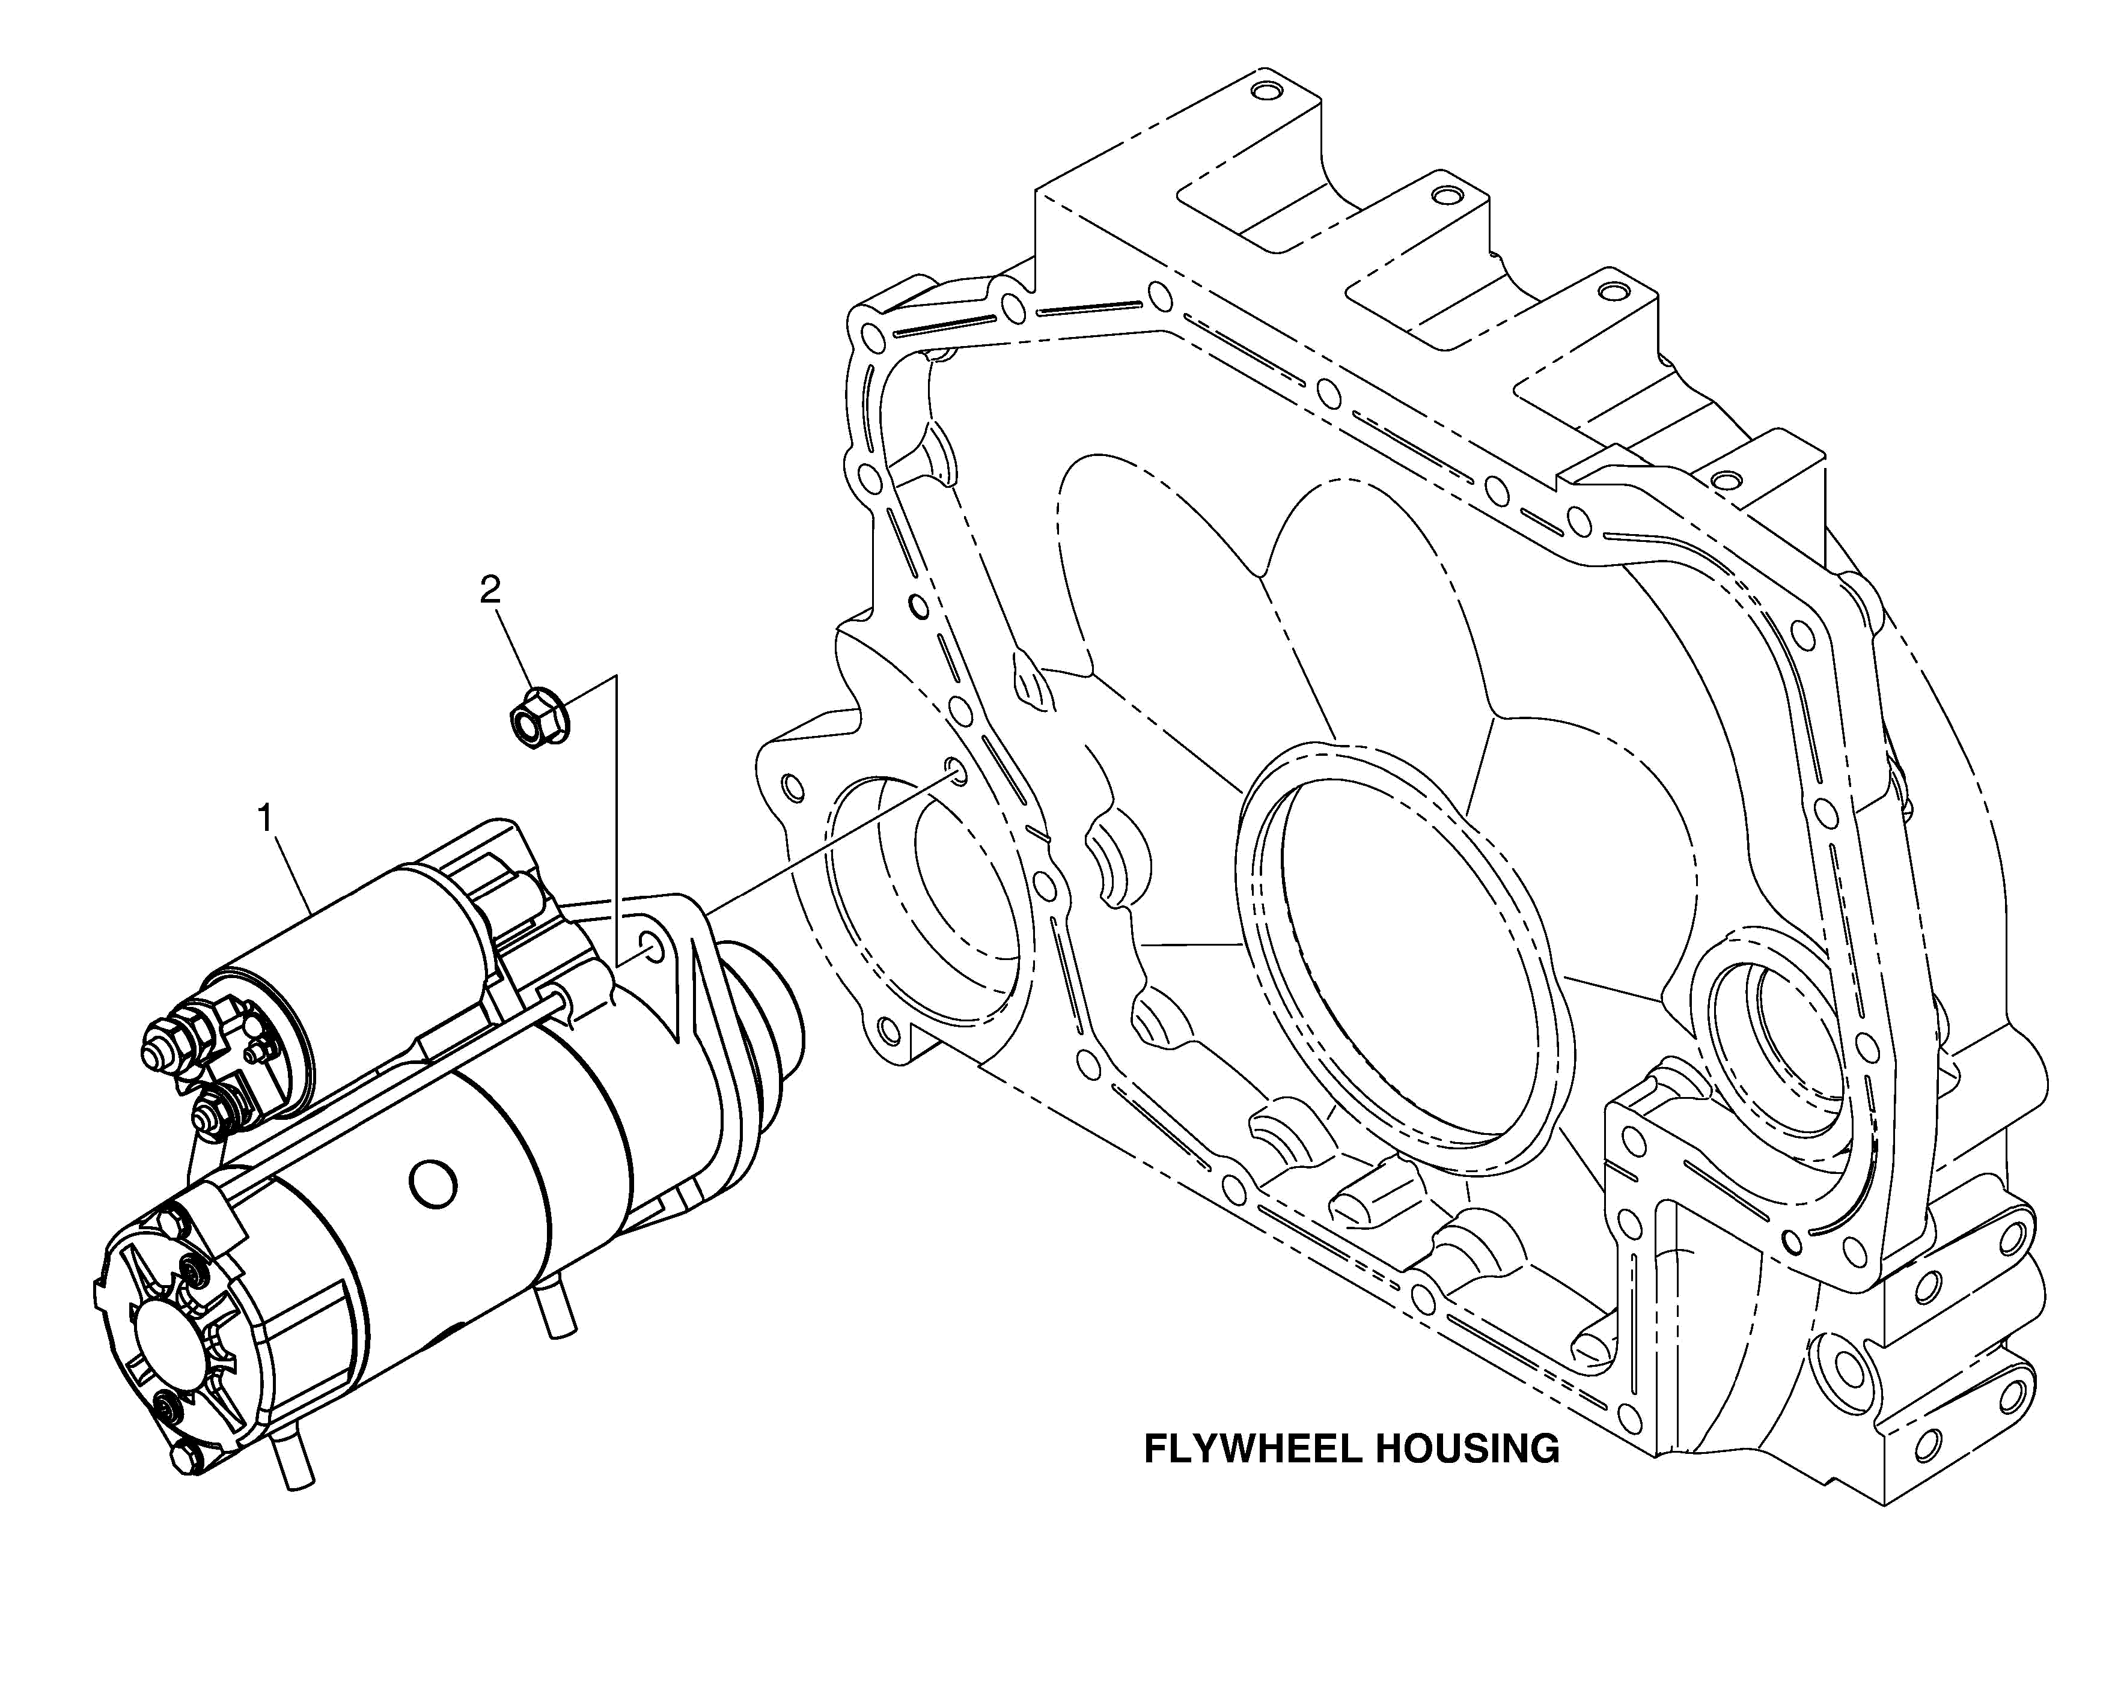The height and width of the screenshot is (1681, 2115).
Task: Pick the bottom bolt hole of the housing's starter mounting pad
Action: [x=889, y=1029]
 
